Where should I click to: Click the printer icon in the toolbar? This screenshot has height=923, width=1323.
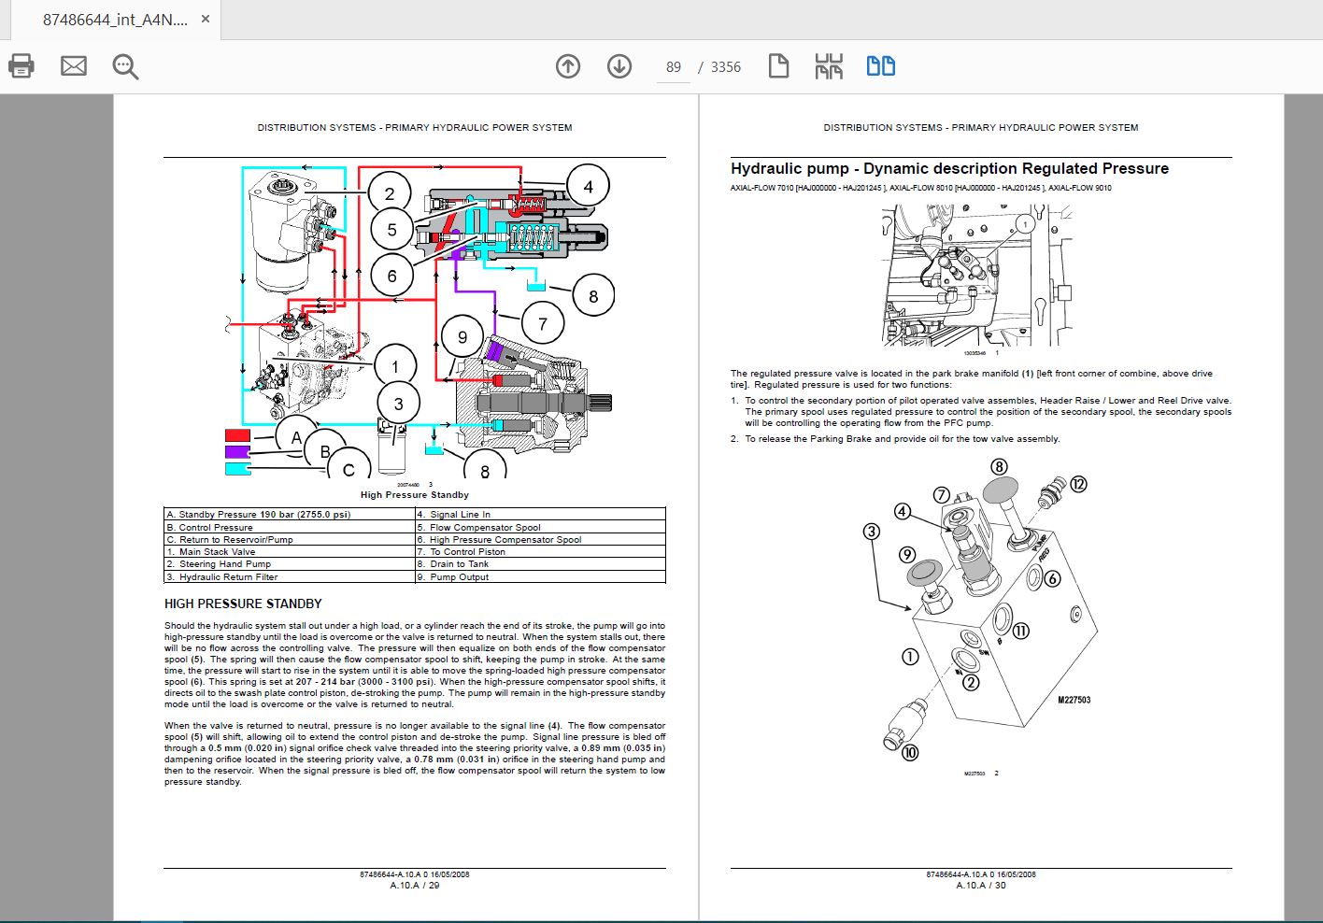point(21,66)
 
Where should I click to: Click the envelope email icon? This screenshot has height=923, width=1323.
point(74,66)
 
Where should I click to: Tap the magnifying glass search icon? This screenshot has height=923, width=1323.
point(125,66)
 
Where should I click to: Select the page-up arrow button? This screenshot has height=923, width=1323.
point(568,66)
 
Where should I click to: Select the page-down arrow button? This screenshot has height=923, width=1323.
point(619,66)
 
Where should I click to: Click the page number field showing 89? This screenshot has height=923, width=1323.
point(674,67)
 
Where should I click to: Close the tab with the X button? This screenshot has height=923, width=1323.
point(206,19)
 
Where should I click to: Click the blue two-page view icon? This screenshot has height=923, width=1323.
point(880,66)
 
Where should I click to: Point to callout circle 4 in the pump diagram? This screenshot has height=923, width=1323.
point(588,187)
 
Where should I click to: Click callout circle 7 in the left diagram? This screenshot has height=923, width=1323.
point(543,324)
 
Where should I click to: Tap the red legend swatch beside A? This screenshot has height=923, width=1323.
point(237,435)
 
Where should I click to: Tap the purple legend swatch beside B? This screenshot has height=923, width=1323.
point(237,452)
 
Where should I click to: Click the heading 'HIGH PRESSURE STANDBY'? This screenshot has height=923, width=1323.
point(243,603)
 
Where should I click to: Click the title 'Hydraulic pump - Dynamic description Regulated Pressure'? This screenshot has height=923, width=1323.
point(949,169)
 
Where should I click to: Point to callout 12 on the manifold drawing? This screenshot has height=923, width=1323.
point(1079,484)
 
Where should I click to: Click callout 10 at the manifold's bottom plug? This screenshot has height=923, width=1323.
point(910,752)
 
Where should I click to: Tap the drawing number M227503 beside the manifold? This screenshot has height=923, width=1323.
point(1074,700)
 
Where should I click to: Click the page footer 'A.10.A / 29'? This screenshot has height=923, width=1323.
point(415,885)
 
